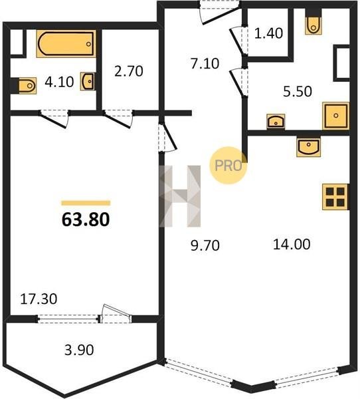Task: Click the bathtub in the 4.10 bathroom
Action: pyautogui.click(x=66, y=44)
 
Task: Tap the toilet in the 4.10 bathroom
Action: pyautogui.click(x=27, y=86)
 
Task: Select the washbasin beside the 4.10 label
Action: pyautogui.click(x=88, y=81)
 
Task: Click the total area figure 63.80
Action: pyautogui.click(x=86, y=219)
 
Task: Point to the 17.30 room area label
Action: pyautogui.click(x=39, y=299)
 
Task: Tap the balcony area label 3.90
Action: pyautogui.click(x=79, y=350)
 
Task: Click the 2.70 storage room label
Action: pyautogui.click(x=129, y=71)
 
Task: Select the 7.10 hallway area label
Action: pyautogui.click(x=205, y=64)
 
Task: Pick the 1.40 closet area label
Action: pyautogui.click(x=268, y=33)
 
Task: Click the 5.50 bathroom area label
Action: pyautogui.click(x=298, y=92)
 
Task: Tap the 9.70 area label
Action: pyautogui.click(x=205, y=246)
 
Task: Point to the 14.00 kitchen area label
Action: pyautogui.click(x=292, y=244)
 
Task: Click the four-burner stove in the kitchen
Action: pyautogui.click(x=335, y=197)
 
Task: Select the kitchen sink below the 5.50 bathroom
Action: pyautogui.click(x=308, y=146)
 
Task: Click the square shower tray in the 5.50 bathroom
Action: pyautogui.click(x=335, y=116)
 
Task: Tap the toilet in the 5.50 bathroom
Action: pyautogui.click(x=314, y=25)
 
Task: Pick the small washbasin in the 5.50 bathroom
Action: pyautogui.click(x=276, y=122)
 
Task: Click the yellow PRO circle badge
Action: pyautogui.click(x=228, y=166)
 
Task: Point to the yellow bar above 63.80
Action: pyautogui.click(x=86, y=203)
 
